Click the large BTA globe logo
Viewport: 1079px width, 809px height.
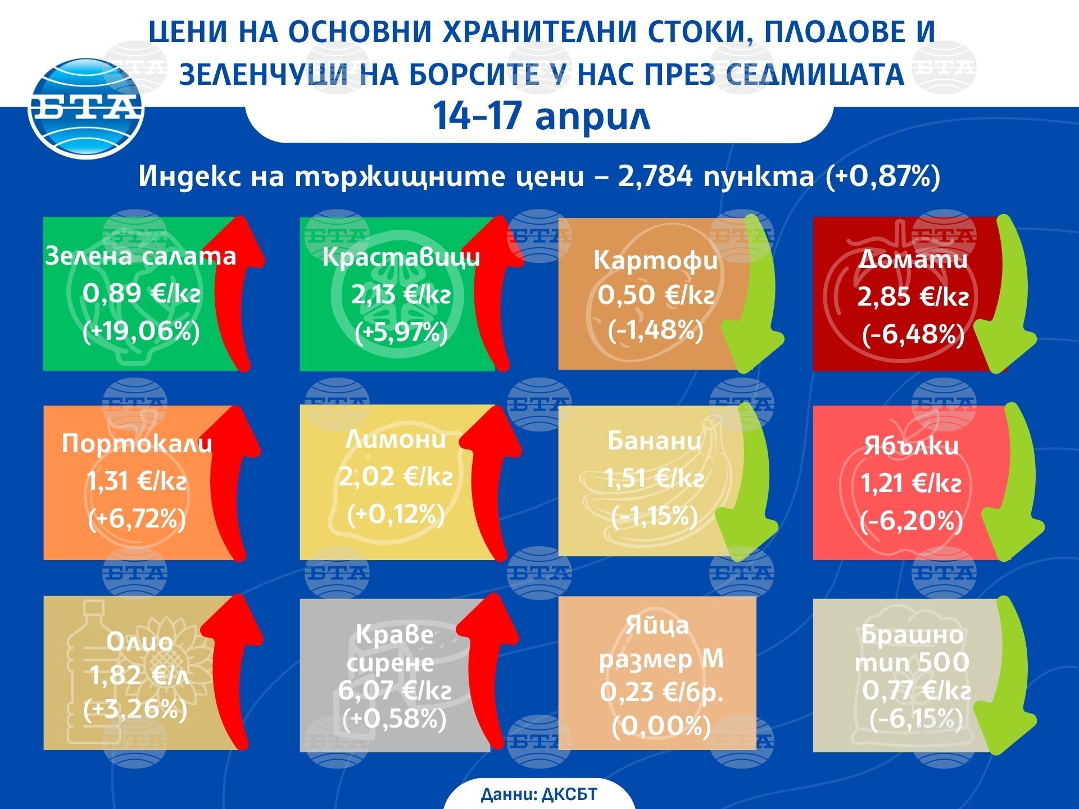(x=85, y=108)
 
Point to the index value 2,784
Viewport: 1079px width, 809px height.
(x=655, y=176)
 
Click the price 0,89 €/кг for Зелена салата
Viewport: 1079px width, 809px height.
(x=141, y=293)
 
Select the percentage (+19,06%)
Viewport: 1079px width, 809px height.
(x=141, y=331)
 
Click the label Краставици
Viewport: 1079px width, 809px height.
(x=401, y=257)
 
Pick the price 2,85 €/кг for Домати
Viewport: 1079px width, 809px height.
(x=913, y=297)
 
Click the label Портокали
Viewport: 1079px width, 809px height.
(x=137, y=443)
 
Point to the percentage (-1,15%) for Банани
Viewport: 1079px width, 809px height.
(x=654, y=516)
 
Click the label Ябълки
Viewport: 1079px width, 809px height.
(x=911, y=446)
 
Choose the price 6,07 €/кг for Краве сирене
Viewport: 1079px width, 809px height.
(x=395, y=690)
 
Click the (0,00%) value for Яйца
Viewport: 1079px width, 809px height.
(x=661, y=726)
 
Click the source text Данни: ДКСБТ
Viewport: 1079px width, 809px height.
(x=539, y=794)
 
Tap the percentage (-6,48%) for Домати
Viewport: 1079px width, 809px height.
(x=913, y=334)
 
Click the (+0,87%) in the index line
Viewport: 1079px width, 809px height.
(x=882, y=176)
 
